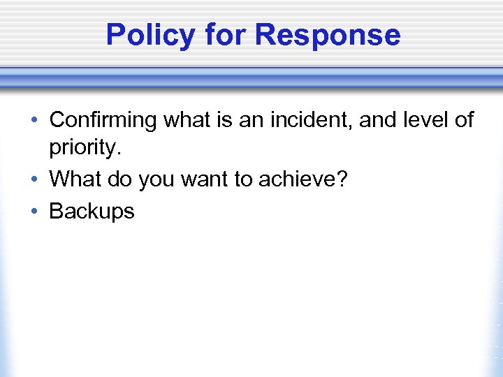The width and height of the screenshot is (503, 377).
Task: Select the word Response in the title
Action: pyautogui.click(x=328, y=35)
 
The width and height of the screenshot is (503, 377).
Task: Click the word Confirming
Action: pyautogui.click(x=103, y=121)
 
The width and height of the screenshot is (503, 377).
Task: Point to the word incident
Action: pyautogui.click(x=299, y=120)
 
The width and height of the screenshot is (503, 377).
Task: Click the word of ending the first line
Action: pyautogui.click(x=464, y=120)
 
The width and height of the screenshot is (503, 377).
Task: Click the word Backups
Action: pyautogui.click(x=92, y=211)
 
